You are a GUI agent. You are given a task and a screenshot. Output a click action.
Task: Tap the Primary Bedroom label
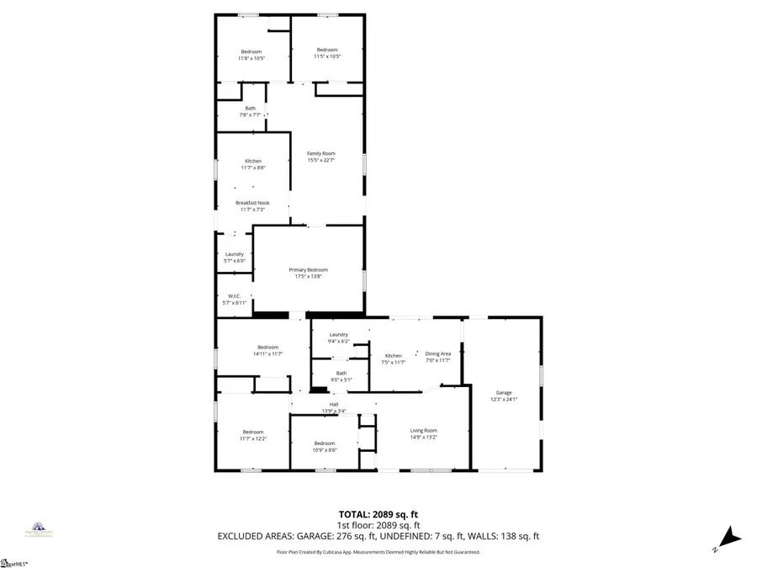[308, 270]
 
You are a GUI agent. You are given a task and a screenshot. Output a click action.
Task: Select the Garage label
[504, 393]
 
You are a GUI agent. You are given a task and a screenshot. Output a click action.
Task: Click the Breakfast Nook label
[252, 203]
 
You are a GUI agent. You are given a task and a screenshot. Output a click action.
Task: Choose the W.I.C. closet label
[235, 295]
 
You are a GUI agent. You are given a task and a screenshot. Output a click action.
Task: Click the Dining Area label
[437, 353]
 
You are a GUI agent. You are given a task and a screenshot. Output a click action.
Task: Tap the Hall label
[334, 405]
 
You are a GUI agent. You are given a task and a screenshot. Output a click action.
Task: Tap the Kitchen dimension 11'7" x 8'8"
[253, 168]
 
